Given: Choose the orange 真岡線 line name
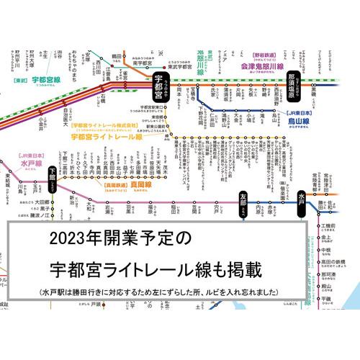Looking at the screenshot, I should [x=123, y=184].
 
